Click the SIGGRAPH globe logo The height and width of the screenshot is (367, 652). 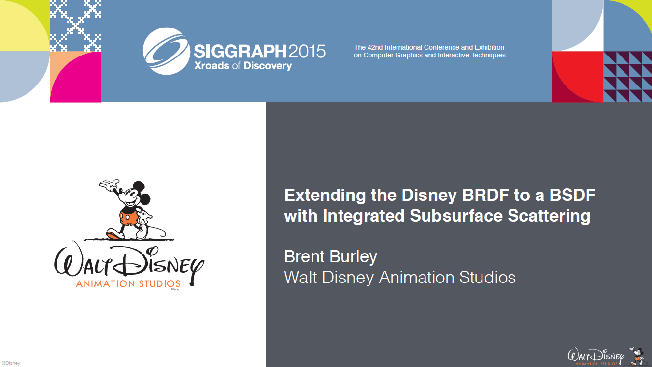coord(166,51)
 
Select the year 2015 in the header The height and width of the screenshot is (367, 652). coord(307,51)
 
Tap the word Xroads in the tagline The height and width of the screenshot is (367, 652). coord(212,66)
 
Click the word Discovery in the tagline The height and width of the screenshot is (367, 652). coord(267,66)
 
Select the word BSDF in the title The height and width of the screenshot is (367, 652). coord(572,195)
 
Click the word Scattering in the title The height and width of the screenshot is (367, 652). coord(549,216)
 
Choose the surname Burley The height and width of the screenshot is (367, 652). coord(353,257)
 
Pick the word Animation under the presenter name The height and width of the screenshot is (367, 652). coord(417,277)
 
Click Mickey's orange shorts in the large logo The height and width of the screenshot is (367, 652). coord(128,217)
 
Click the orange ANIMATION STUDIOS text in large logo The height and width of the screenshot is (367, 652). coord(128,283)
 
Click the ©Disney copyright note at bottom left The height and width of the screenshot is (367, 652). coord(11,363)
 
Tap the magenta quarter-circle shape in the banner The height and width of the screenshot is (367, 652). coord(76,78)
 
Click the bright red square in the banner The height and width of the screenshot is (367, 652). coord(578,77)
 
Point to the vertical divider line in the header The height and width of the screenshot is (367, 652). coord(340,52)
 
